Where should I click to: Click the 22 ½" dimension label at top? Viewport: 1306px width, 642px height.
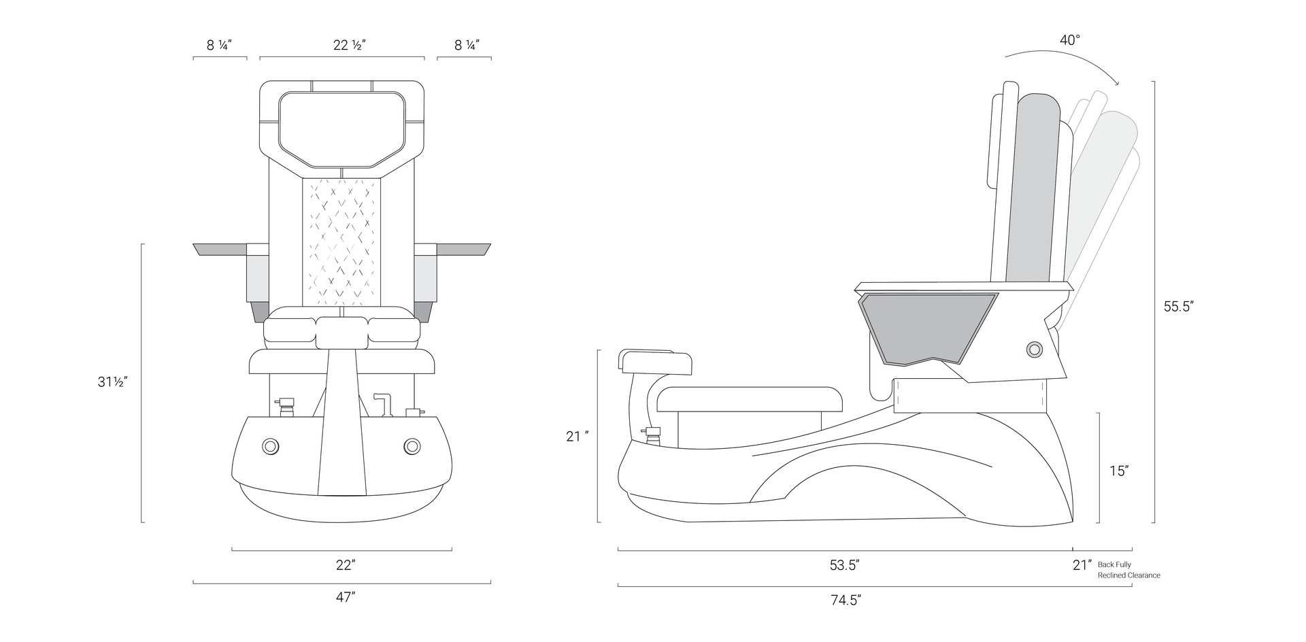pyautogui.click(x=350, y=46)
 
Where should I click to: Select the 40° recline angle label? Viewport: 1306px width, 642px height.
pyautogui.click(x=1069, y=40)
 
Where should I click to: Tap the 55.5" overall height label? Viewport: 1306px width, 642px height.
pyautogui.click(x=1178, y=307)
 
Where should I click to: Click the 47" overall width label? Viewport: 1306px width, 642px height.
pyautogui.click(x=346, y=597)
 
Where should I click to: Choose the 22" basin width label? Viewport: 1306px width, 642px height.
pyautogui.click(x=346, y=565)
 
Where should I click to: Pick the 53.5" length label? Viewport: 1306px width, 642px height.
pyautogui.click(x=844, y=565)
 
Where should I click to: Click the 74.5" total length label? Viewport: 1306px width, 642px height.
pyautogui.click(x=845, y=600)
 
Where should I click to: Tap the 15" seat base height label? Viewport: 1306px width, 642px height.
pyautogui.click(x=1119, y=471)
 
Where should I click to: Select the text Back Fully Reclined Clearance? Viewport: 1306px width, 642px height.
pyautogui.click(x=1128, y=570)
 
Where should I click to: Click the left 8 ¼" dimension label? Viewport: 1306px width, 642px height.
pyautogui.click(x=220, y=46)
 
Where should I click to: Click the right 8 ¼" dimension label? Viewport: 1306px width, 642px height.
pyautogui.click(x=467, y=46)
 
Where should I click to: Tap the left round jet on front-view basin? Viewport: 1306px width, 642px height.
pyautogui.click(x=270, y=446)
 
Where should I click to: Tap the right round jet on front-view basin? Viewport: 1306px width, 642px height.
pyautogui.click(x=412, y=446)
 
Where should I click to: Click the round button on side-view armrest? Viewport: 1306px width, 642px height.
pyautogui.click(x=1035, y=349)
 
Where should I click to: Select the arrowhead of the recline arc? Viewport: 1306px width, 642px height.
pyautogui.click(x=1116, y=83)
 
